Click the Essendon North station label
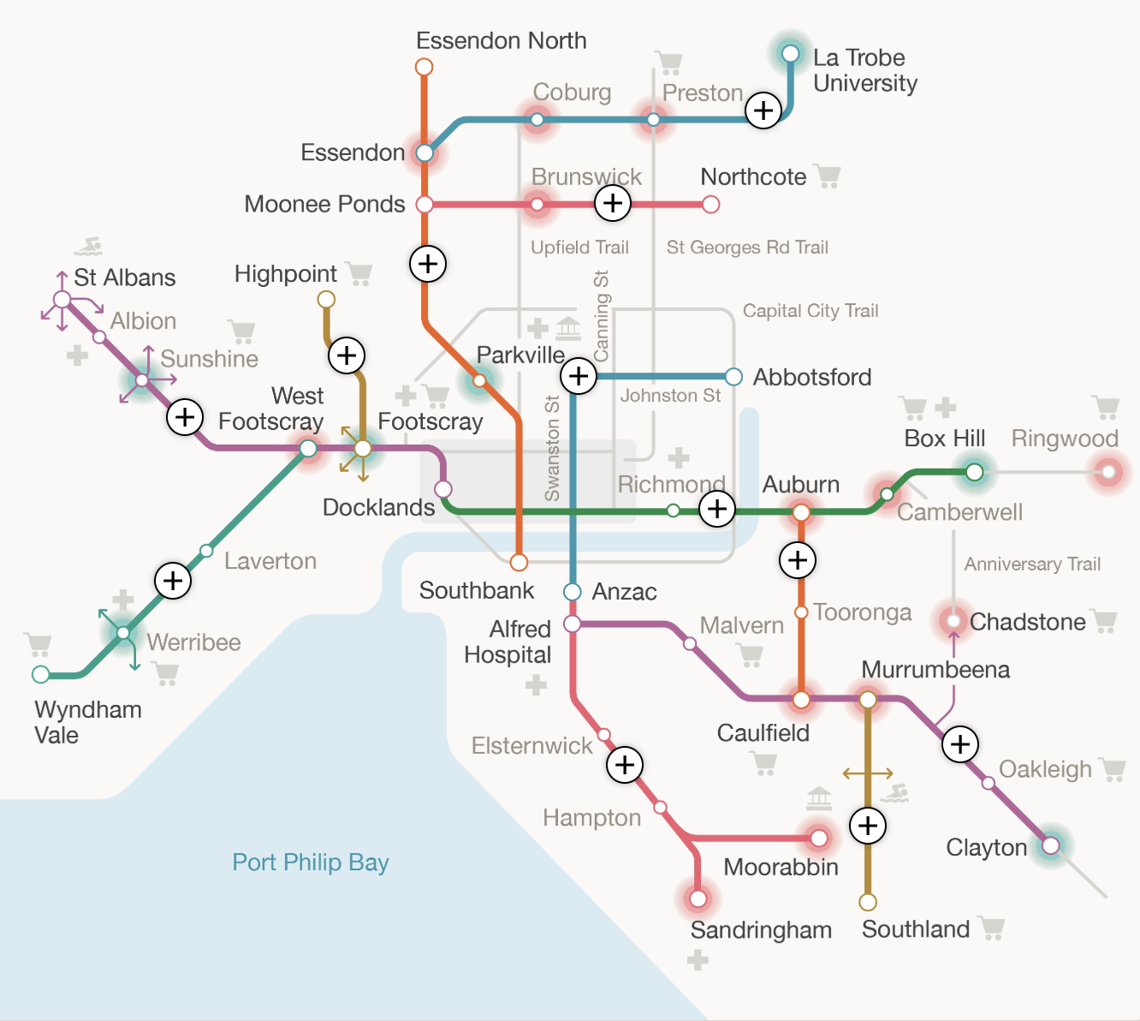(501, 41)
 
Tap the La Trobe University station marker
(790, 54)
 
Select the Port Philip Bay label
(311, 862)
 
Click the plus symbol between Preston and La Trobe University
(763, 110)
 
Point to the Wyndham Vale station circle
(40, 674)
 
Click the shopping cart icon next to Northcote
(828, 176)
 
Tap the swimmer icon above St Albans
(88, 247)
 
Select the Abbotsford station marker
(733, 377)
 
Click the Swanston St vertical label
(552, 448)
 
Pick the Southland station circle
(868, 902)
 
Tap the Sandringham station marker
(698, 899)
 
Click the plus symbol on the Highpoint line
(347, 355)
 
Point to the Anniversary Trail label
(1032, 564)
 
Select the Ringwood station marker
(1108, 472)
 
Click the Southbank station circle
(519, 563)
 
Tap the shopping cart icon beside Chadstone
(1105, 621)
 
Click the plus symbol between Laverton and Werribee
(172, 581)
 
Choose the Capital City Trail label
(810, 311)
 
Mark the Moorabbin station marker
(819, 838)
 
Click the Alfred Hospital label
(508, 642)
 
